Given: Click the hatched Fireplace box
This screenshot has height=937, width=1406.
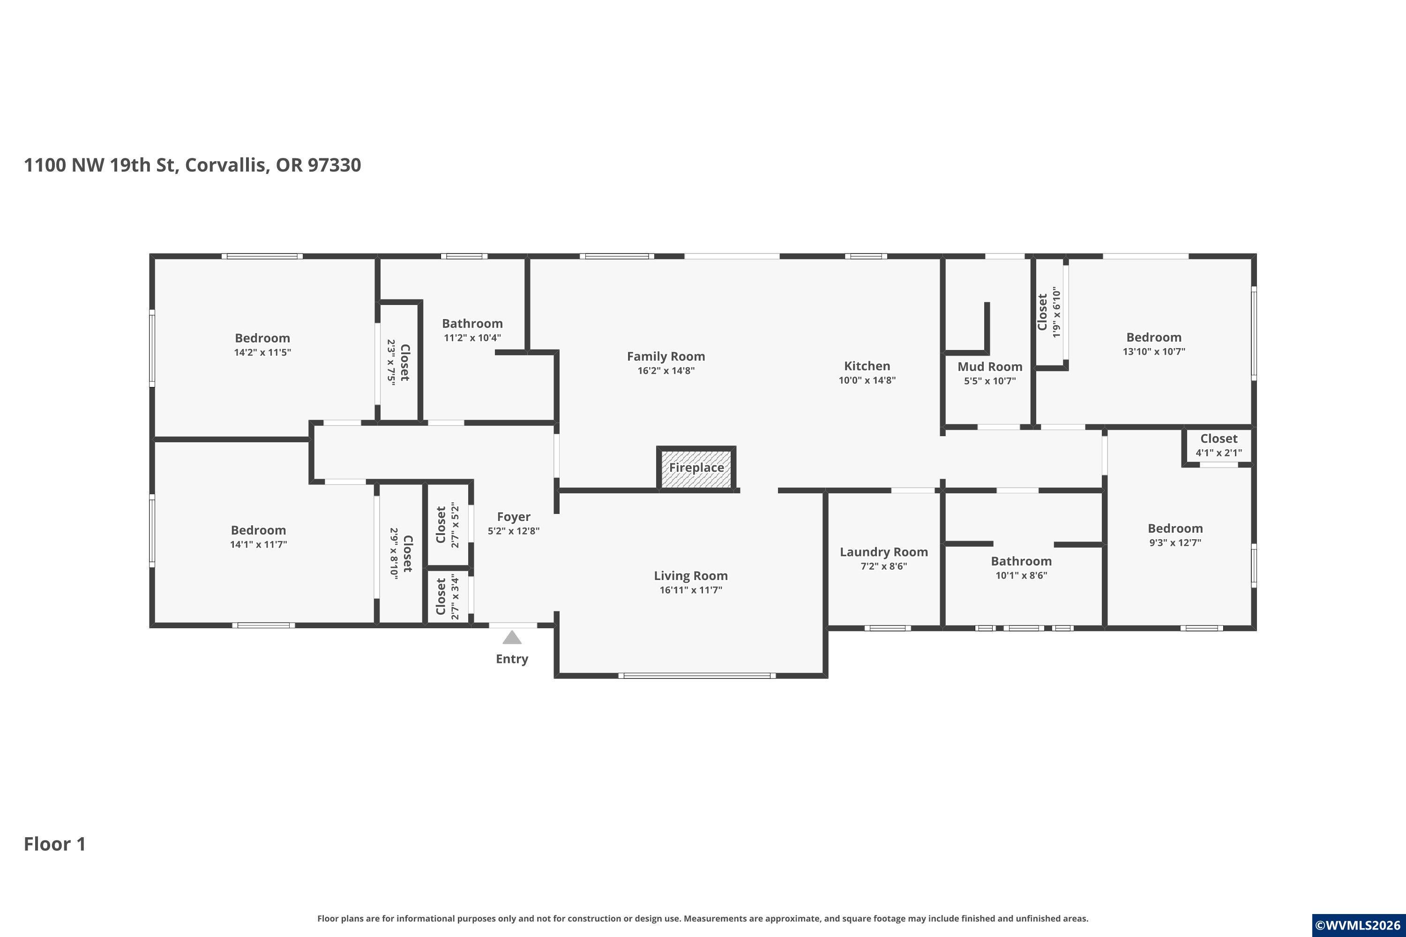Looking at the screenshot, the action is pos(696,468).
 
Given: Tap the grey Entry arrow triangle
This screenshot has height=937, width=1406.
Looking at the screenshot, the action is pos(512,637).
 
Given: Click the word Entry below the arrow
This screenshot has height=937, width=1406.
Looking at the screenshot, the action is pos(512,659).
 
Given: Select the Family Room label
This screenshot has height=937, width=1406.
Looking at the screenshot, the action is pos(666,356).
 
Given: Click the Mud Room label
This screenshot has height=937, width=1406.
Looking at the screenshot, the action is pos(990,366).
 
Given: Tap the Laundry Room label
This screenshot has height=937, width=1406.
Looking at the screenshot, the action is pos(883,552).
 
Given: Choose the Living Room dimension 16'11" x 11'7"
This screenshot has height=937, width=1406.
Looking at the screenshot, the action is pos(690,590).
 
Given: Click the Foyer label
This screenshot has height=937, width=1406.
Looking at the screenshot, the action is pos(514,517).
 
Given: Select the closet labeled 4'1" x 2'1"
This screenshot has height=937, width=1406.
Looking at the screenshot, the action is pos(1219,446).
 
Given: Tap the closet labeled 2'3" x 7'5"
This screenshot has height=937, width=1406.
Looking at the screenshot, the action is pos(399,362).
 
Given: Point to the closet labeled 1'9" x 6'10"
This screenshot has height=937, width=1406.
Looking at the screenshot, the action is pos(1050,312).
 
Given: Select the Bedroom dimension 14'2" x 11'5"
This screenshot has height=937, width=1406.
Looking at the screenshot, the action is pos(262,353).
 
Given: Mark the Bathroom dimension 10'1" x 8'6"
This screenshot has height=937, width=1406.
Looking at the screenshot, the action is pos(1021,575).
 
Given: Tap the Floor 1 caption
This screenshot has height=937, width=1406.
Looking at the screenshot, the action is pos(55,844).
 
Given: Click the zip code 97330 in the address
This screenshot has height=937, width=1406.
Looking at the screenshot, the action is pos(334,165).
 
